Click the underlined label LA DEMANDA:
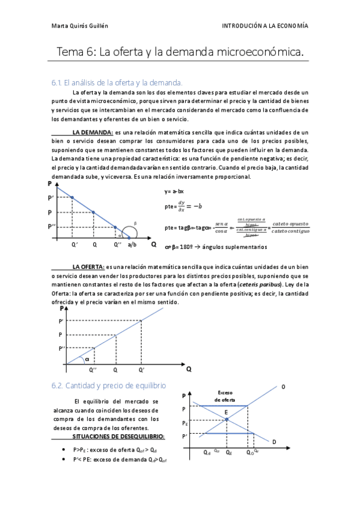pyautogui.click(x=92, y=132)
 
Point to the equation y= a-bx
pyautogui.click(x=175, y=191)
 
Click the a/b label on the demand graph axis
pyautogui.click(x=132, y=245)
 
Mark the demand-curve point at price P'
pyautogui.click(x=72, y=197)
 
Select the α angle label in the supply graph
pyautogui.click(x=87, y=359)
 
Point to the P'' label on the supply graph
pyautogui.click(x=62, y=348)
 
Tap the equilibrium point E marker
pyautogui.click(x=227, y=419)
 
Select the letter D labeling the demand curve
pyautogui.click(x=274, y=443)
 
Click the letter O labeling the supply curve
pyautogui.click(x=283, y=386)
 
